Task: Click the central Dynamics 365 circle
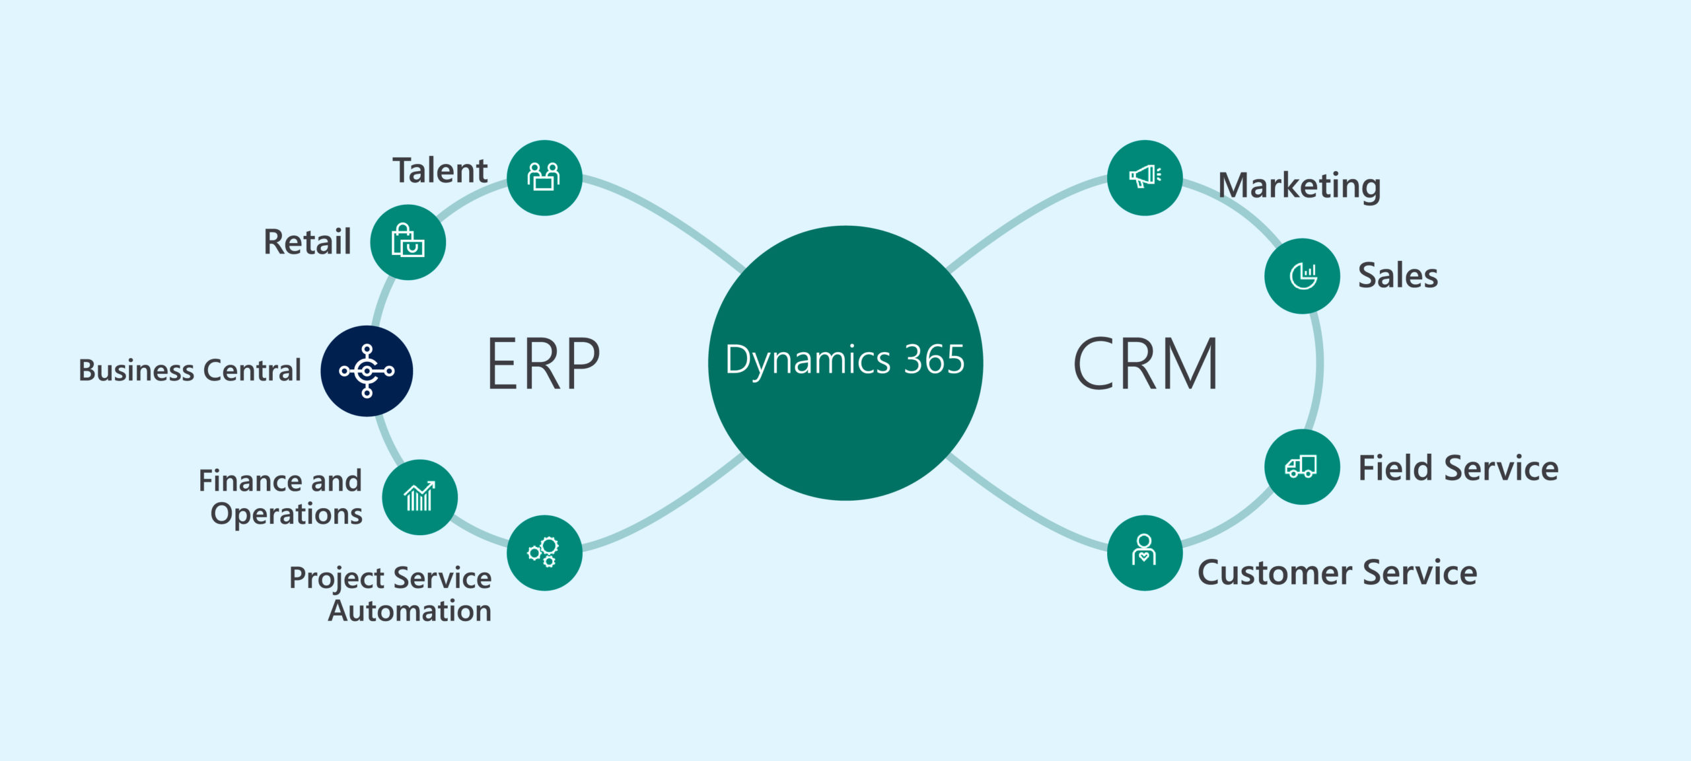click(x=845, y=363)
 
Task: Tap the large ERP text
click(x=543, y=363)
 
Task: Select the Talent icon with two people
click(x=544, y=177)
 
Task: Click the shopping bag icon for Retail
click(x=408, y=242)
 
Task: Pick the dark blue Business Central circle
click(x=367, y=371)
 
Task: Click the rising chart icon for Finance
click(x=419, y=497)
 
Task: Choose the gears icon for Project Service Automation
click(x=544, y=552)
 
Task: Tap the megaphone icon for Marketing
click(x=1144, y=177)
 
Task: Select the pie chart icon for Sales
click(x=1302, y=275)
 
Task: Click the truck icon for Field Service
click(x=1301, y=466)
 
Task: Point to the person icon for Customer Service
click(x=1144, y=552)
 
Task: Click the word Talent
click(x=440, y=170)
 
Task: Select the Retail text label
click(x=307, y=242)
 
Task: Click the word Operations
click(x=286, y=514)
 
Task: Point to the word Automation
click(x=410, y=611)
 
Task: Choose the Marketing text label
click(x=1299, y=186)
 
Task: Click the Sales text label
click(x=1398, y=275)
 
